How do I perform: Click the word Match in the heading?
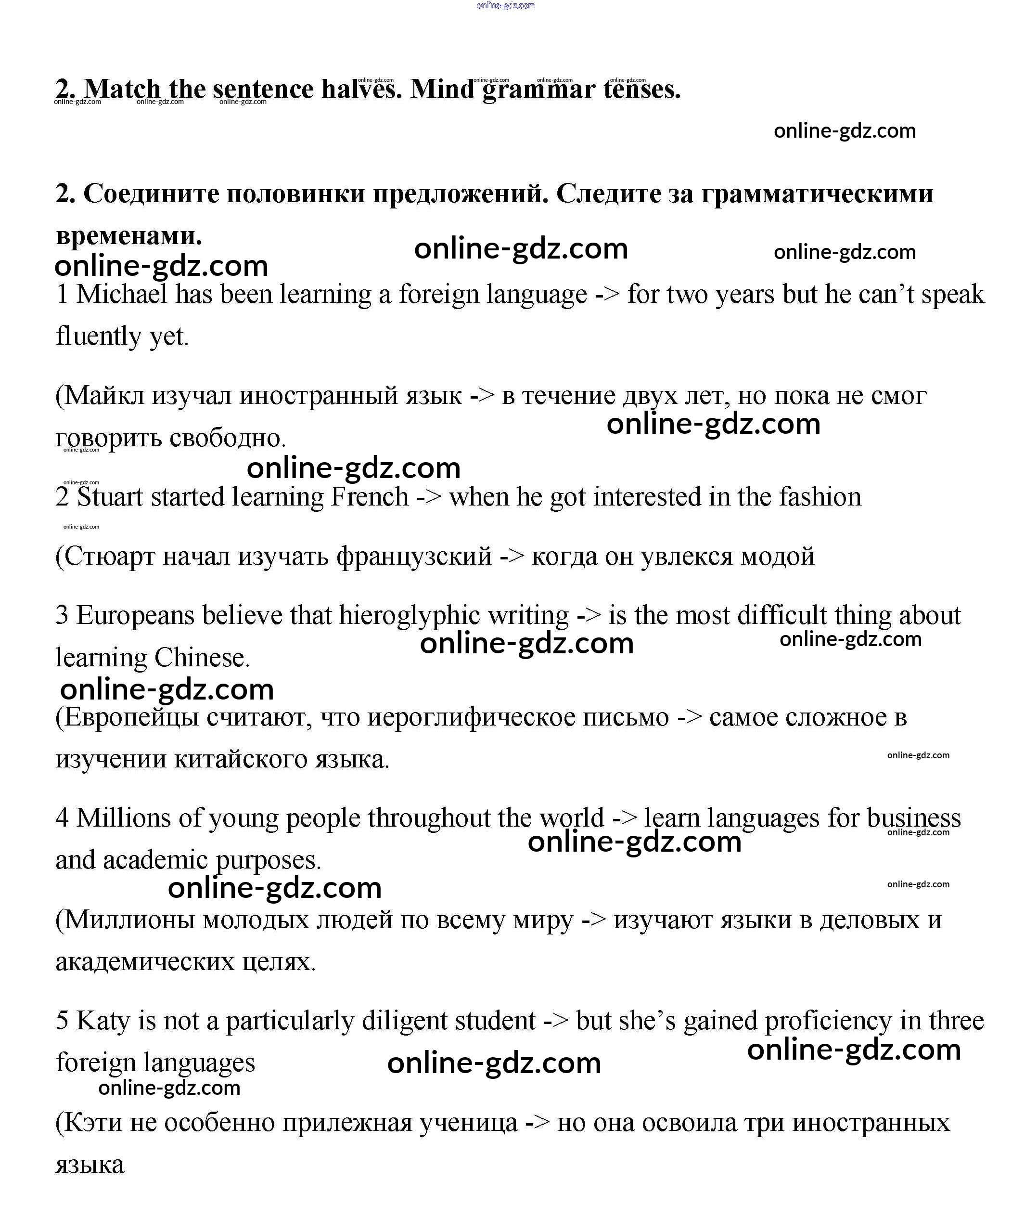click(x=122, y=89)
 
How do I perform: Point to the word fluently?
click(x=99, y=337)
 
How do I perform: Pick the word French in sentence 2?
click(x=370, y=497)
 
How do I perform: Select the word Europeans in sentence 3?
click(x=135, y=616)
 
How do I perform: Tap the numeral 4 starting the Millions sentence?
click(x=62, y=818)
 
